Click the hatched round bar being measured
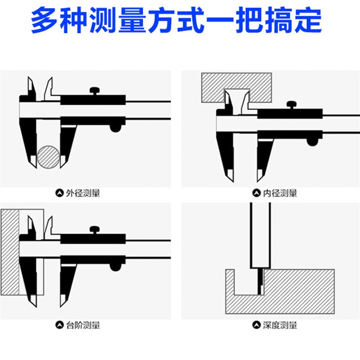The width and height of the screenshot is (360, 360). tap(49, 157)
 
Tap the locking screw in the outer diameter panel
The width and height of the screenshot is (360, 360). tap(96, 91)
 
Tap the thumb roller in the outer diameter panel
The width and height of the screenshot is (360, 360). tap(116, 128)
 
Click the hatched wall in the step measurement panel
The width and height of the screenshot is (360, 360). tap(9, 252)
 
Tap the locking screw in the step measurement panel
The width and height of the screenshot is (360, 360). tap(96, 229)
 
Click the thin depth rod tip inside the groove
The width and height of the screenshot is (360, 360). tap(260, 281)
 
